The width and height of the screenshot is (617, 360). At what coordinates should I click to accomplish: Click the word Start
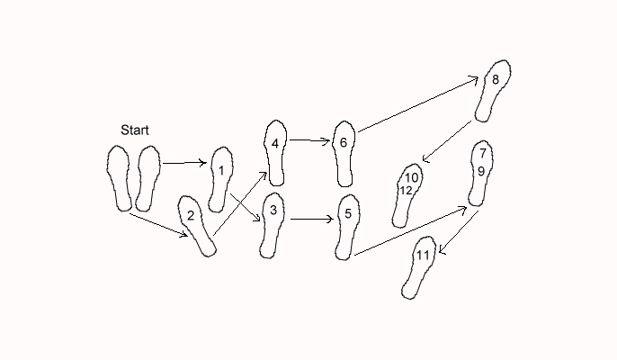(x=135, y=130)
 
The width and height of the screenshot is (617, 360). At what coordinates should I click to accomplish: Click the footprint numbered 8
(x=495, y=90)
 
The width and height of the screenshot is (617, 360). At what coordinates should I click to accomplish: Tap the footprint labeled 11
(x=421, y=265)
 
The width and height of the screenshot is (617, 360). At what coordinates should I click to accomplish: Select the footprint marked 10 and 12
(x=407, y=193)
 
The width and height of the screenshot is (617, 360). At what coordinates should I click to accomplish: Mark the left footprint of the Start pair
(x=119, y=178)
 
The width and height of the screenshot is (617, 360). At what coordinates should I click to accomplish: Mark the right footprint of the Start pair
(x=147, y=178)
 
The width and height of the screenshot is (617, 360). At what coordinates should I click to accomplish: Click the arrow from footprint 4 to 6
(x=308, y=140)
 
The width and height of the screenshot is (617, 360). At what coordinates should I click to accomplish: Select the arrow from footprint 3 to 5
(x=310, y=219)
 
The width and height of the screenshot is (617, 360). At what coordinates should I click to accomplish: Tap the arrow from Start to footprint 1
(x=184, y=163)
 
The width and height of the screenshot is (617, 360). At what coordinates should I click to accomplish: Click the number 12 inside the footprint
(x=406, y=191)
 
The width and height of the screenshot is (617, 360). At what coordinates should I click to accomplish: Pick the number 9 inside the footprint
(x=481, y=171)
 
